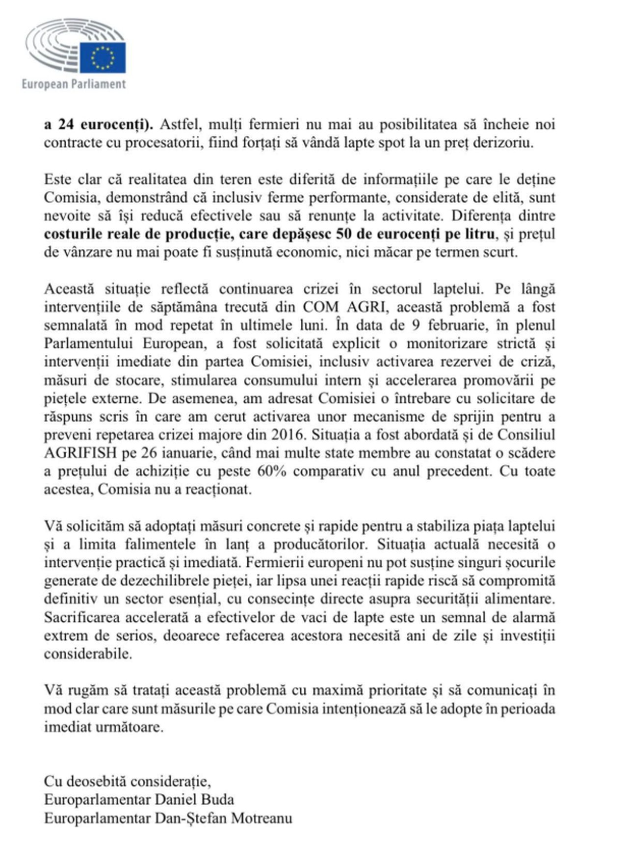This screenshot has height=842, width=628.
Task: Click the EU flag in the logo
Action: [103, 57]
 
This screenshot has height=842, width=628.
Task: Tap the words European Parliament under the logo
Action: [74, 84]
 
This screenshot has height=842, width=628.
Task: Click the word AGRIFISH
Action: [80, 453]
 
